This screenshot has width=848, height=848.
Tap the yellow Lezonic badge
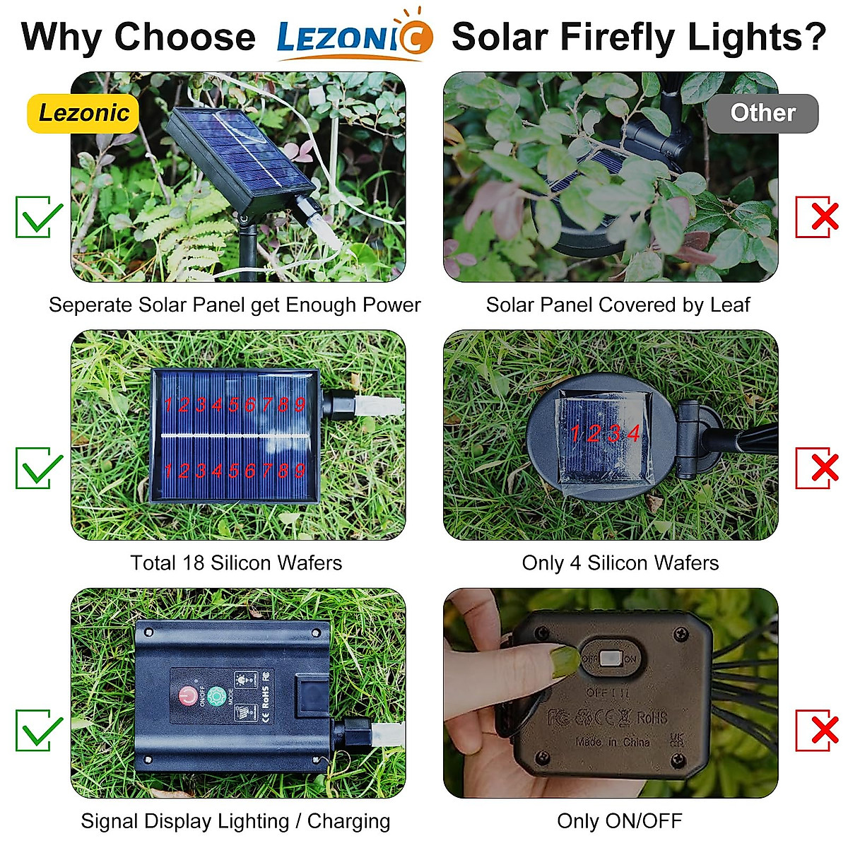(83, 113)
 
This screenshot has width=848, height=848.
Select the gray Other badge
(762, 113)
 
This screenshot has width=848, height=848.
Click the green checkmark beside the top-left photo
(38, 217)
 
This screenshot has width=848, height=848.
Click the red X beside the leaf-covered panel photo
(817, 217)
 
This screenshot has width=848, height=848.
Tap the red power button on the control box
(188, 696)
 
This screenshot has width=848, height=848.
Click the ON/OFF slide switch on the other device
(609, 659)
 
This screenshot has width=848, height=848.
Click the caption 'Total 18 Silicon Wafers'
(236, 563)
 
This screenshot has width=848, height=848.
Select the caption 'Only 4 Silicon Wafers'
(620, 563)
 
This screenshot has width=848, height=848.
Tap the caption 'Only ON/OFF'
(619, 820)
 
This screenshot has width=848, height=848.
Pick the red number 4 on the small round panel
(634, 433)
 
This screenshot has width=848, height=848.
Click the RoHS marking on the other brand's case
(652, 718)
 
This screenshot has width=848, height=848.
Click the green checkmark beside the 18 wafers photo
(38, 468)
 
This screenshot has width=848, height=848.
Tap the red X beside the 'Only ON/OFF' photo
(817, 730)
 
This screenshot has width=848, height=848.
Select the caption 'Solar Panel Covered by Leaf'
(618, 305)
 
